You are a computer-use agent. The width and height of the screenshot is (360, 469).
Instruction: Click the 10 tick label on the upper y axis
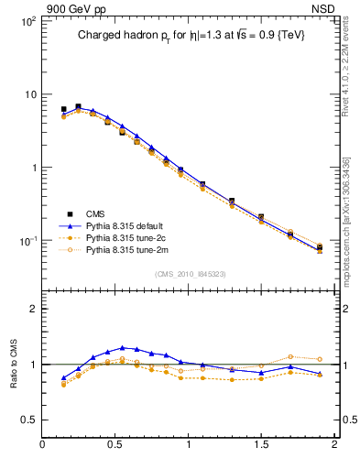[29, 94]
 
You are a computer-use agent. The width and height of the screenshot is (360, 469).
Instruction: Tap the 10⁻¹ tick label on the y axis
[27, 241]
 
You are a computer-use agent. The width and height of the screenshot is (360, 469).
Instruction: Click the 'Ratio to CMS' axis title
[14, 364]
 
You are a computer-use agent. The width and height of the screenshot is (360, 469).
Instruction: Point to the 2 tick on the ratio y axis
[32, 309]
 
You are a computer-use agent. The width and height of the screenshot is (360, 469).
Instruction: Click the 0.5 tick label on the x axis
[115, 446]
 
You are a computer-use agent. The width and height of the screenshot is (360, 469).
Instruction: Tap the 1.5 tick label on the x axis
[261, 446]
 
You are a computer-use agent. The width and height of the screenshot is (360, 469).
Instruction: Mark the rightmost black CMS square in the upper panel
[320, 247]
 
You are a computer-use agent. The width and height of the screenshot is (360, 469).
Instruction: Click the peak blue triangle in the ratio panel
[122, 347]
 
